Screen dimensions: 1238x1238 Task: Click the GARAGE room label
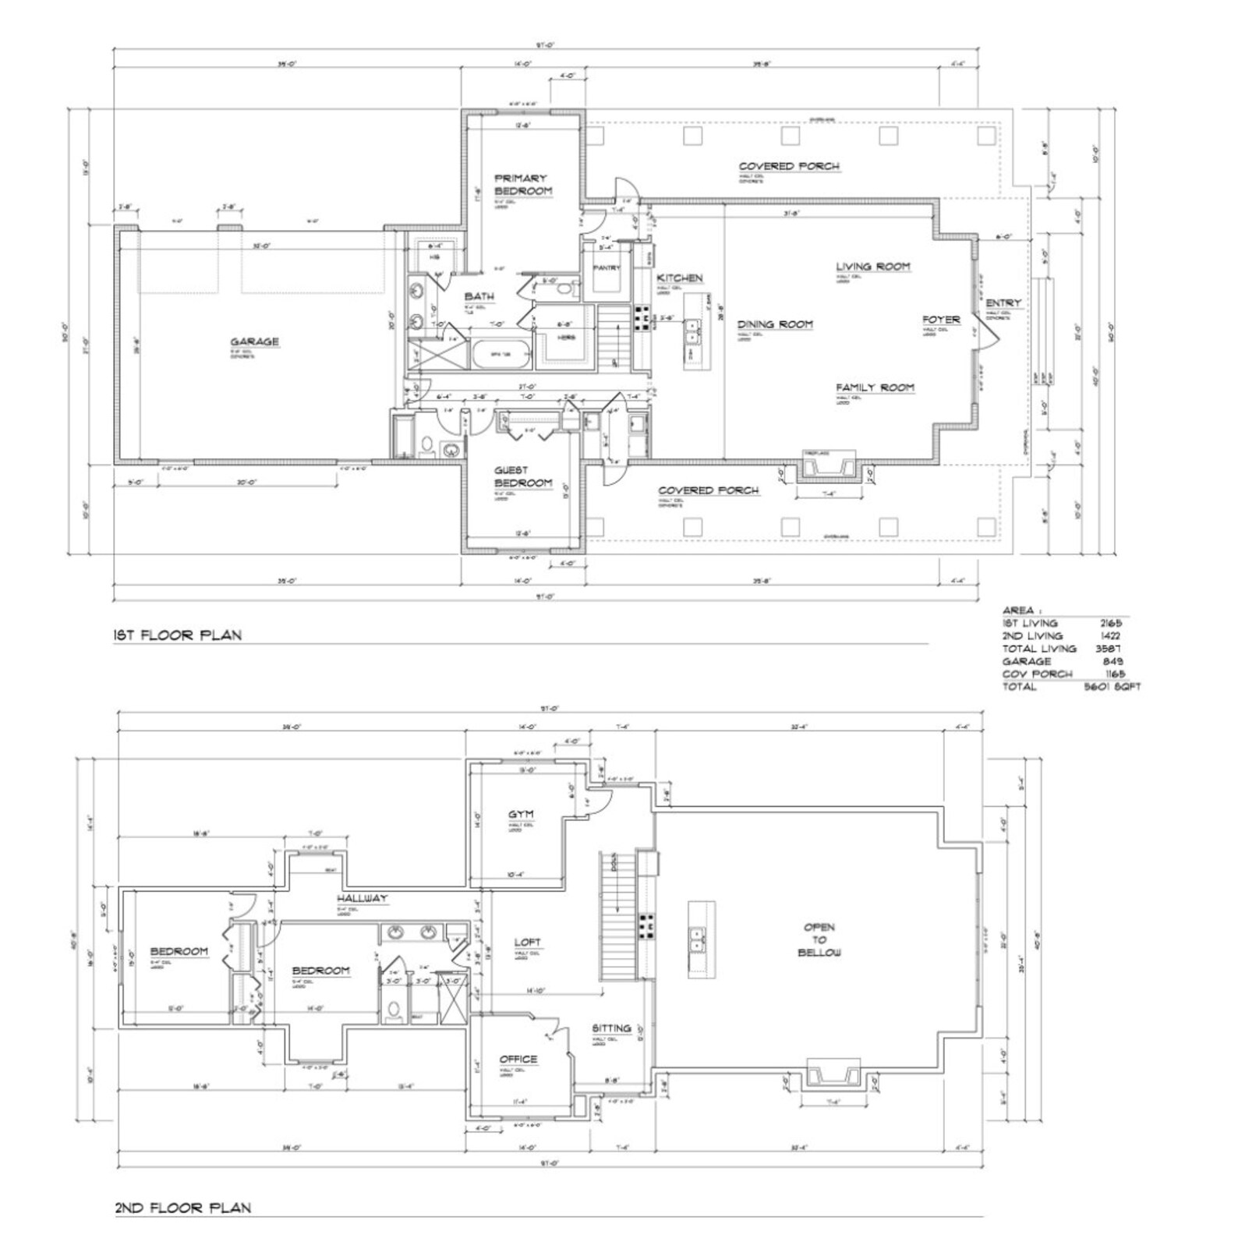(x=254, y=341)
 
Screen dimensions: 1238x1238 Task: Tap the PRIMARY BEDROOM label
(x=522, y=185)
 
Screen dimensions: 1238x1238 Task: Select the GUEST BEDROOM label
(x=522, y=476)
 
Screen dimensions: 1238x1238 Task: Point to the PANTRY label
(x=607, y=267)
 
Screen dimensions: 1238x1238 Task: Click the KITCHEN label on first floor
(x=679, y=278)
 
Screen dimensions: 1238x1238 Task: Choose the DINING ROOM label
(x=775, y=324)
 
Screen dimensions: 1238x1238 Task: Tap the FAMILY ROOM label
(x=875, y=387)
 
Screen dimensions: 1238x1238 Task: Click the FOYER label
(x=941, y=320)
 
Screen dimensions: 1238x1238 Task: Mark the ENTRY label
(x=1003, y=303)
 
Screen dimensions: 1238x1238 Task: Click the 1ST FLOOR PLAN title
(x=178, y=635)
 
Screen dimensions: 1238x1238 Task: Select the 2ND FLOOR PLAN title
(x=182, y=1208)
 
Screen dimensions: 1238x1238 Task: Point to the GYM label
(x=521, y=815)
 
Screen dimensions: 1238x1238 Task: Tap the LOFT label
(x=527, y=943)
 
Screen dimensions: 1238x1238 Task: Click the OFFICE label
(x=518, y=1059)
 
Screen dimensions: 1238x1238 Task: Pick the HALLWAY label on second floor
(x=362, y=898)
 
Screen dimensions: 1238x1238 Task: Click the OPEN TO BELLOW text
(x=819, y=940)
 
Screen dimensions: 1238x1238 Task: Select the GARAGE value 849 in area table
(x=1113, y=661)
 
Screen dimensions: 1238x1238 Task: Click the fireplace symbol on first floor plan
(x=829, y=465)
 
